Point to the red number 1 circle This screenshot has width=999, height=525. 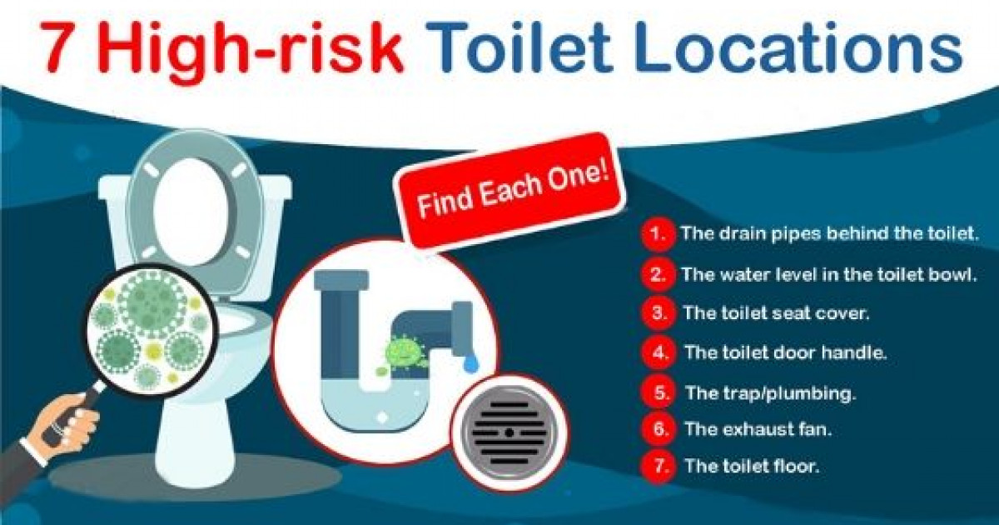(658, 234)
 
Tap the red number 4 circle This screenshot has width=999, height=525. (659, 353)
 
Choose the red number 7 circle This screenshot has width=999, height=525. (659, 467)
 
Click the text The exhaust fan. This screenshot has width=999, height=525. (758, 429)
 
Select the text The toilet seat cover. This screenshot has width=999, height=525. (777, 313)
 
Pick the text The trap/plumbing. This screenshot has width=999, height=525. (771, 393)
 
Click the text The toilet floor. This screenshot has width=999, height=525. (753, 467)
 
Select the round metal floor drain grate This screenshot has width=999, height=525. (509, 432)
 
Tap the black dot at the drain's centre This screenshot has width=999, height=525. (509, 432)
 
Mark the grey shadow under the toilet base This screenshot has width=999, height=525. (196, 477)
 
